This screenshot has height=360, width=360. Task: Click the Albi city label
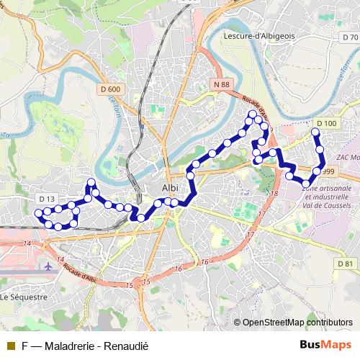coord(170,188)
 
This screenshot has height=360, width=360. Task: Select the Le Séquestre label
coord(24,296)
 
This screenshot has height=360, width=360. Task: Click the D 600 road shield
coord(111,89)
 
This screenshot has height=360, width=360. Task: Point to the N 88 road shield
coord(221,84)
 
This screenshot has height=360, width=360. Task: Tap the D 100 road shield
coord(325,124)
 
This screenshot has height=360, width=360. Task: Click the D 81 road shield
coord(346,264)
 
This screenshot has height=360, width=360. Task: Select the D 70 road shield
coord(350,37)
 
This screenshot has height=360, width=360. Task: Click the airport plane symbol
coord(48,266)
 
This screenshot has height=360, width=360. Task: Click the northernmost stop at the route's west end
coord(91,182)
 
